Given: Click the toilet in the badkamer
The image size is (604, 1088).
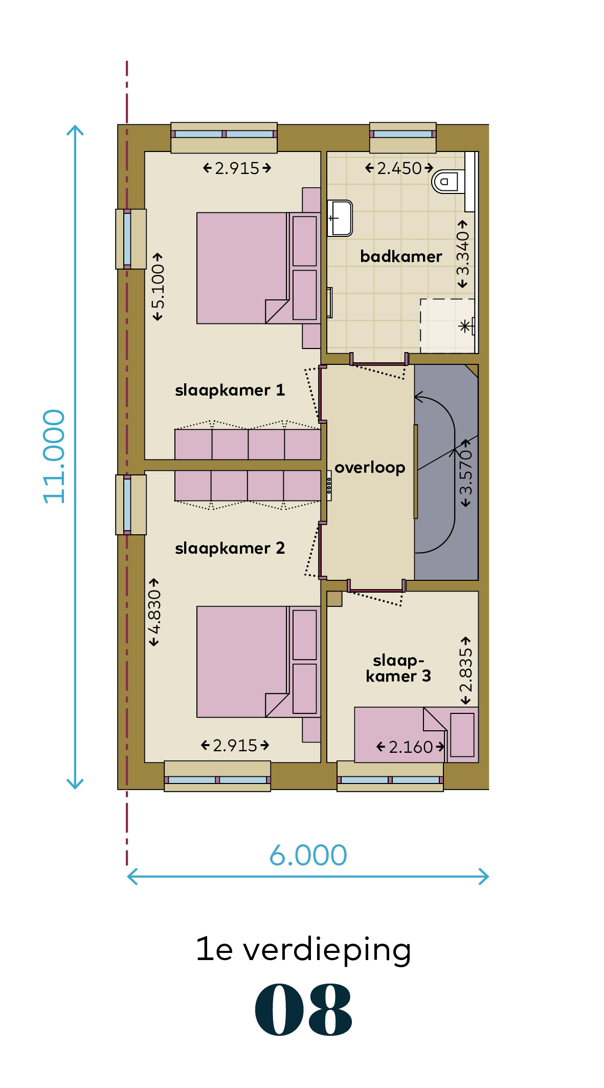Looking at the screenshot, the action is point(449,181).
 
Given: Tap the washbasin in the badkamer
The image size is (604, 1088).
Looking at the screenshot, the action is point(340,218).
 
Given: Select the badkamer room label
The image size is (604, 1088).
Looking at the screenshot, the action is point(401,256).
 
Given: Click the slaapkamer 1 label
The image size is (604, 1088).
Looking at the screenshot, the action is point(230,390).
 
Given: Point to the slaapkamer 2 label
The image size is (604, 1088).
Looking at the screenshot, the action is point(230,548).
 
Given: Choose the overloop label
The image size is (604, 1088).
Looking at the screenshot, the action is point(370,467).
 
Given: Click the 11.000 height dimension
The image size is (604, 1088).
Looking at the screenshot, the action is point(54,456).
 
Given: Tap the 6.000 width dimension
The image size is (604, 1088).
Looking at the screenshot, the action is point(308,855).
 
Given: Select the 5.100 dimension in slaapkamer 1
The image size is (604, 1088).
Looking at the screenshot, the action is point(158,287).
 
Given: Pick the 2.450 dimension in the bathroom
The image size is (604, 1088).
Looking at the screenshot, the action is point(399,168).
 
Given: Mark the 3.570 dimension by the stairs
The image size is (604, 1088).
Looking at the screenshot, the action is point(465,473).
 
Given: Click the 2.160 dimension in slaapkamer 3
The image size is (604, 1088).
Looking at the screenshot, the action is point(411,747).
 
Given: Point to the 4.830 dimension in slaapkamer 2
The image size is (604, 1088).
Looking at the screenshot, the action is point(154,613).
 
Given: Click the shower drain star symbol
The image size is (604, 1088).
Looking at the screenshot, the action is point(465,326).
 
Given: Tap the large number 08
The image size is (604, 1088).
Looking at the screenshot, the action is point(304,1010).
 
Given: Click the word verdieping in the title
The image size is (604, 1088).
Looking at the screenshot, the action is point(327,950).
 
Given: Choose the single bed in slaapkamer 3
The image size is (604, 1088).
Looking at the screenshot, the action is point(416,735).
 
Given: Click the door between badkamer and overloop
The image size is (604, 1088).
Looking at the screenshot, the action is point(379,364).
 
